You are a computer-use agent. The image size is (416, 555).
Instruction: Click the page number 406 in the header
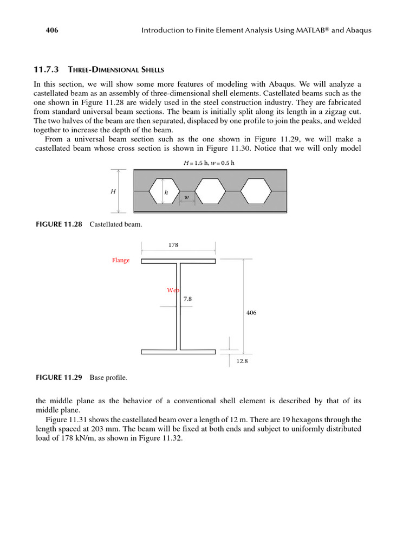pyautogui.click(x=51, y=30)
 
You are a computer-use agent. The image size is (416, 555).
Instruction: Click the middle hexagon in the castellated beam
pyautogui.click(x=210, y=191)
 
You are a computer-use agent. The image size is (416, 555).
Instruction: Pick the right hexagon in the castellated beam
pyautogui.click(x=256, y=191)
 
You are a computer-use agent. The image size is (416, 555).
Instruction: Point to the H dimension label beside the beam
pyautogui.click(x=113, y=191)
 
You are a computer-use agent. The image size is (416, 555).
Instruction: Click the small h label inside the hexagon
pyautogui.click(x=166, y=192)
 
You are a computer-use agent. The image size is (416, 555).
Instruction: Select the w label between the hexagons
pyautogui.click(x=187, y=197)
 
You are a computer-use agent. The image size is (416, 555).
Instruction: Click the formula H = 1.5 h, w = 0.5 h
pyautogui.click(x=209, y=163)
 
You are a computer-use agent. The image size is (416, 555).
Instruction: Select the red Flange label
pyautogui.click(x=121, y=261)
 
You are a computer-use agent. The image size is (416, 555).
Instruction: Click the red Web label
pyautogui.click(x=172, y=291)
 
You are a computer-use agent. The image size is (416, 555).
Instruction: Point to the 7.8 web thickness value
pyautogui.click(x=187, y=299)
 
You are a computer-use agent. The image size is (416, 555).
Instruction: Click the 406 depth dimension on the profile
pyautogui.click(x=251, y=313)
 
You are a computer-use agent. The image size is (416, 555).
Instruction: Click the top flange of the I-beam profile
pyautogui.click(x=178, y=261)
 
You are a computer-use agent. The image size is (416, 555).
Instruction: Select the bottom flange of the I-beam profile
pyautogui.click(x=178, y=352)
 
